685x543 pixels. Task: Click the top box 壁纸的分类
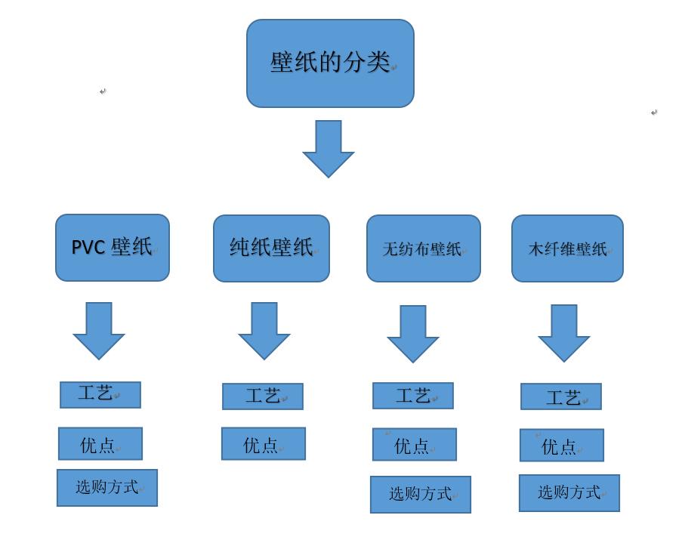pyautogui.click(x=330, y=63)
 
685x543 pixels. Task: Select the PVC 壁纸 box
pyautogui.click(x=113, y=248)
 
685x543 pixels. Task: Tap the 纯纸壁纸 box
pyautogui.click(x=271, y=248)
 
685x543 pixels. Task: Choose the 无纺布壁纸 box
pyautogui.click(x=424, y=248)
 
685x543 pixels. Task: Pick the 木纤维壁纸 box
pyautogui.click(x=567, y=248)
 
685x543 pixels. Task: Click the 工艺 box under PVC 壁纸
pyautogui.click(x=100, y=394)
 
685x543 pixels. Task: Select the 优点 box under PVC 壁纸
pyautogui.click(x=100, y=444)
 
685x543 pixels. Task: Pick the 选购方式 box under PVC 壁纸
pyautogui.click(x=107, y=488)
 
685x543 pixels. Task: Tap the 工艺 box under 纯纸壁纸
pyautogui.click(x=263, y=396)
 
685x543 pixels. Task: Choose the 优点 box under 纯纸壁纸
pyautogui.click(x=264, y=444)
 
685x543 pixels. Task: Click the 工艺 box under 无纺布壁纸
pyautogui.click(x=413, y=396)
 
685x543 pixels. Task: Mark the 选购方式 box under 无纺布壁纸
pyautogui.click(x=421, y=495)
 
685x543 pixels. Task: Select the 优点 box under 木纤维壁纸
pyautogui.click(x=562, y=446)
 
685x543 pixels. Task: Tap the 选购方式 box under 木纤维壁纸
pyautogui.click(x=569, y=493)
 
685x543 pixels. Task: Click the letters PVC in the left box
pyautogui.click(x=88, y=248)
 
